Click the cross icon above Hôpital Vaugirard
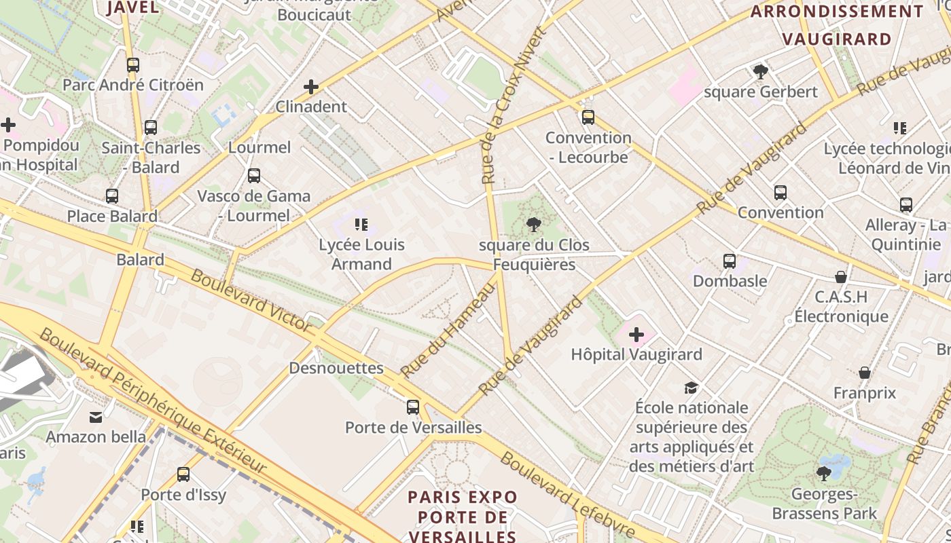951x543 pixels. pos(636,335)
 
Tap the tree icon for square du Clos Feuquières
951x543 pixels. pos(534,225)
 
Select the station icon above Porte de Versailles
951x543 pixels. pos(413,407)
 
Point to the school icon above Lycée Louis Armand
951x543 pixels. pos(361,225)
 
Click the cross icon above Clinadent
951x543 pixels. pos(311,87)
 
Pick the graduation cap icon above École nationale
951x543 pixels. pos(691,388)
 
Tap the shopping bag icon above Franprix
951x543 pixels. pos(865,373)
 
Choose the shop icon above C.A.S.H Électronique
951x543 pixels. pos(841,277)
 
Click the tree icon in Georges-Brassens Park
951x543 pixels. pos(824,473)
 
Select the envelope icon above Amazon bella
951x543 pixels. pos(96,417)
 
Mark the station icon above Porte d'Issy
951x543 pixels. pos(183,474)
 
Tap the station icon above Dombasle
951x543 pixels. pos(730,261)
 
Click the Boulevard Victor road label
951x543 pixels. pos(251,301)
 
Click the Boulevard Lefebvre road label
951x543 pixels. pos(567,495)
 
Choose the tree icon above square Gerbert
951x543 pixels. pos(761,72)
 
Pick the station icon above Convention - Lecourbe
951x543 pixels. pos(588,117)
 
